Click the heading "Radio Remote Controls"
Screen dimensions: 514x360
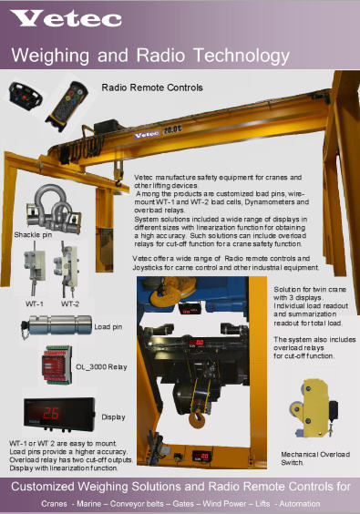coord(151,88)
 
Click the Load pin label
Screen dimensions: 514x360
coord(108,326)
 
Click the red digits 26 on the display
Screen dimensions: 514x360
coord(54,412)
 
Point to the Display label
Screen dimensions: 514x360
coord(113,418)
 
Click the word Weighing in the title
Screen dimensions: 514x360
coord(49,56)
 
